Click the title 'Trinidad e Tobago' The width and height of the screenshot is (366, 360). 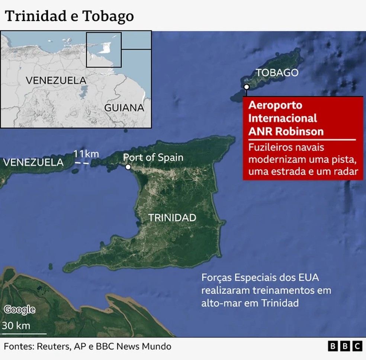click(69, 16)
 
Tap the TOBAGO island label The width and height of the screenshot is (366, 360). click(277, 72)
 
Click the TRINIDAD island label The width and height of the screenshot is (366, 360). click(172, 218)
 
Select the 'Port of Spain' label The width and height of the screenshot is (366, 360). click(153, 157)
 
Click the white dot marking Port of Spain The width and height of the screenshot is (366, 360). click(128, 167)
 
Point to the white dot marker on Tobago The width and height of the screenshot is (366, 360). click(246, 87)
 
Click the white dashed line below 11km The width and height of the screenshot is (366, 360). click(82, 163)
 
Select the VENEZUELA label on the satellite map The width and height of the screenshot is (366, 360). click(33, 162)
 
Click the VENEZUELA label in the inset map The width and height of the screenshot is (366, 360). click(56, 80)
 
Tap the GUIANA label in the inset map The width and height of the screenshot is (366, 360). click(124, 108)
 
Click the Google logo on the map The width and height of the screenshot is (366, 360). click(20, 309)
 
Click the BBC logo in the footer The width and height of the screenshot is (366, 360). click(345, 346)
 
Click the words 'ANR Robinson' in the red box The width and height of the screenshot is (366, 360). click(286, 132)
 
